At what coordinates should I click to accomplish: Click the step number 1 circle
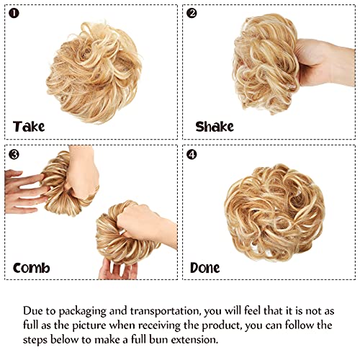tap(14, 13)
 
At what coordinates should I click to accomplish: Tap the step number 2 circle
tap(192, 13)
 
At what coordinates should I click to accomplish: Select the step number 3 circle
tap(14, 155)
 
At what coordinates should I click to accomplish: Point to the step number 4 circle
tap(192, 155)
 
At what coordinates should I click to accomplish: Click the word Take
tap(29, 127)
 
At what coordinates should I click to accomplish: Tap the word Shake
tap(215, 127)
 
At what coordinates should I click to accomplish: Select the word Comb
tap(32, 268)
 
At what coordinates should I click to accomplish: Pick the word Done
tap(204, 268)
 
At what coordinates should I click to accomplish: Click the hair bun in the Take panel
tap(94, 72)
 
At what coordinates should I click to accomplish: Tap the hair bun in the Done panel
tap(274, 213)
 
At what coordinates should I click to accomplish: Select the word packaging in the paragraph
tap(82, 311)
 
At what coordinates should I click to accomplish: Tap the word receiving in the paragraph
tap(159, 325)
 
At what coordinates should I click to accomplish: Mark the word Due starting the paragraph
tap(32, 311)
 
